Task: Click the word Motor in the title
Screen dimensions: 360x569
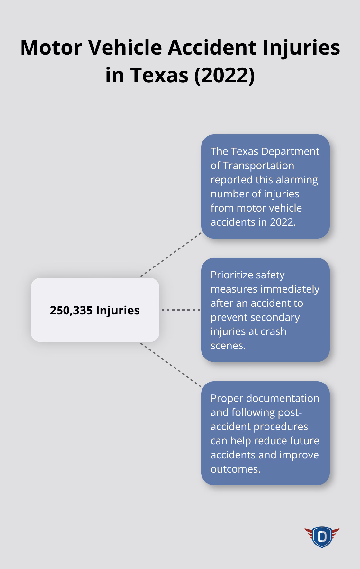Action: pos(51,48)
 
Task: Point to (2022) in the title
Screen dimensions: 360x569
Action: pos(224,75)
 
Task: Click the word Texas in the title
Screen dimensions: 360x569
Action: pos(159,75)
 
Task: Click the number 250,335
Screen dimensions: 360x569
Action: pos(71,310)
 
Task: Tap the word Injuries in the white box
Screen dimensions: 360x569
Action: pos(118,310)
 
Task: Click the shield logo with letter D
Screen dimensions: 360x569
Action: pos(322,537)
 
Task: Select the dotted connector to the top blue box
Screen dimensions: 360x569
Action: pos(171,255)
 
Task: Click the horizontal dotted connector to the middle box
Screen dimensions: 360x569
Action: pos(180,310)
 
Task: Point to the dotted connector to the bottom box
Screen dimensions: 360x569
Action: pos(171,365)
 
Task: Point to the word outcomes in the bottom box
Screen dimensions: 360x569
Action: pos(235,469)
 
